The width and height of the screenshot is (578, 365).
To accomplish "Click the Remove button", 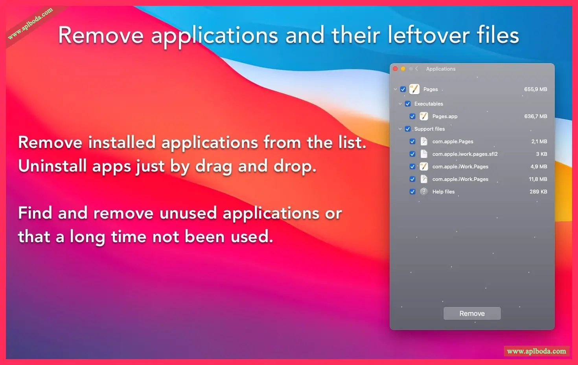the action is coord(472,313).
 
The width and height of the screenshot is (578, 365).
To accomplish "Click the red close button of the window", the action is coord(395,69).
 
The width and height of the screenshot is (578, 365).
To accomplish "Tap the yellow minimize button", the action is coord(403,69).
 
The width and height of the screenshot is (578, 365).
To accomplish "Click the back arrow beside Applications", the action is coord(416,69).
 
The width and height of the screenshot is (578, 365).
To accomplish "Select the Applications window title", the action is coord(441,69).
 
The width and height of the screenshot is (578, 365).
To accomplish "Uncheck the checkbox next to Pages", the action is coord(403,89).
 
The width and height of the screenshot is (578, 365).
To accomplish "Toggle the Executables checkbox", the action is coord(408,104).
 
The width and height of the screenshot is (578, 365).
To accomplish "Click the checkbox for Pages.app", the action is coord(412,117).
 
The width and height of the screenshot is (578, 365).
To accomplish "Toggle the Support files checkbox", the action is coord(408,129).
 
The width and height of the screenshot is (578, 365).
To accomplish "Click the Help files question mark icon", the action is coord(424,192).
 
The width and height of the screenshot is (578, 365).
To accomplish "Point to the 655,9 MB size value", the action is coord(536,89).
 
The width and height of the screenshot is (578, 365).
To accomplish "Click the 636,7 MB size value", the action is coord(536,116).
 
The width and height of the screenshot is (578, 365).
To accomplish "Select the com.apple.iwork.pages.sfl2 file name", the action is coord(465,154).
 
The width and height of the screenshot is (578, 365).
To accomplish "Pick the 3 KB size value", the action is coord(541,154).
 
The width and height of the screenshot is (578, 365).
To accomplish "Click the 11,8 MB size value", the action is coord(538,179).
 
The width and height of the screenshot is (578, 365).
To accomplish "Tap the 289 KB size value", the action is coord(539,192).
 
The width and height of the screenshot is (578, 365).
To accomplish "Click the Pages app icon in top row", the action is coord(414,89).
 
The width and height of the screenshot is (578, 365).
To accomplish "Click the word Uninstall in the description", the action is coord(52,166).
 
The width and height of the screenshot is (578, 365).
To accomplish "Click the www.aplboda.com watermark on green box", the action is coord(536,351).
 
